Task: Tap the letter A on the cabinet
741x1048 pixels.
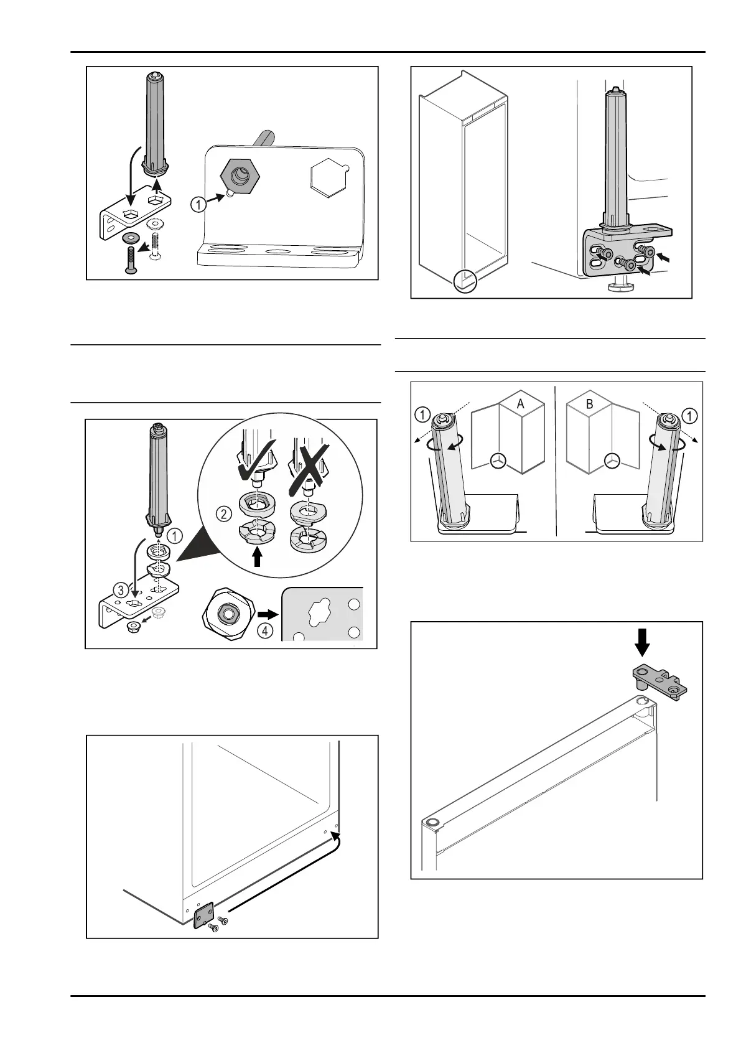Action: coord(521,404)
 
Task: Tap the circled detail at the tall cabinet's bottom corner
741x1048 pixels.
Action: coord(465,281)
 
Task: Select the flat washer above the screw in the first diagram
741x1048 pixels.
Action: coord(132,238)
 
